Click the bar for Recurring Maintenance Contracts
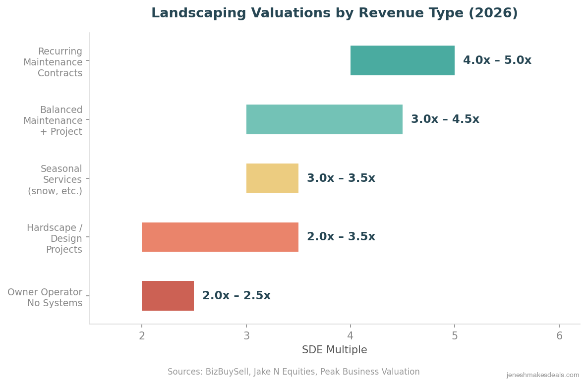(402, 60)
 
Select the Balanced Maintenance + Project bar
(324, 119)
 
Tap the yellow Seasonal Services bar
(272, 178)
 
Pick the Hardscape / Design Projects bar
(220, 237)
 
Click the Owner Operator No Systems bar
(168, 296)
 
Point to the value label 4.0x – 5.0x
(497, 60)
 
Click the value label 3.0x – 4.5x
(445, 119)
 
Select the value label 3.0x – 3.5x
(341, 178)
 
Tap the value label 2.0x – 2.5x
(236, 296)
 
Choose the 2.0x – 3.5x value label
(341, 237)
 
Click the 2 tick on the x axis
(142, 336)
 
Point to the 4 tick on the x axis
(351, 336)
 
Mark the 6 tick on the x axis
(559, 336)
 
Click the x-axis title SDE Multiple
(334, 350)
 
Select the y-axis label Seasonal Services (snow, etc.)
(55, 180)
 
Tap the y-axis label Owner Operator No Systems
(45, 298)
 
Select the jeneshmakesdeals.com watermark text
(542, 375)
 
